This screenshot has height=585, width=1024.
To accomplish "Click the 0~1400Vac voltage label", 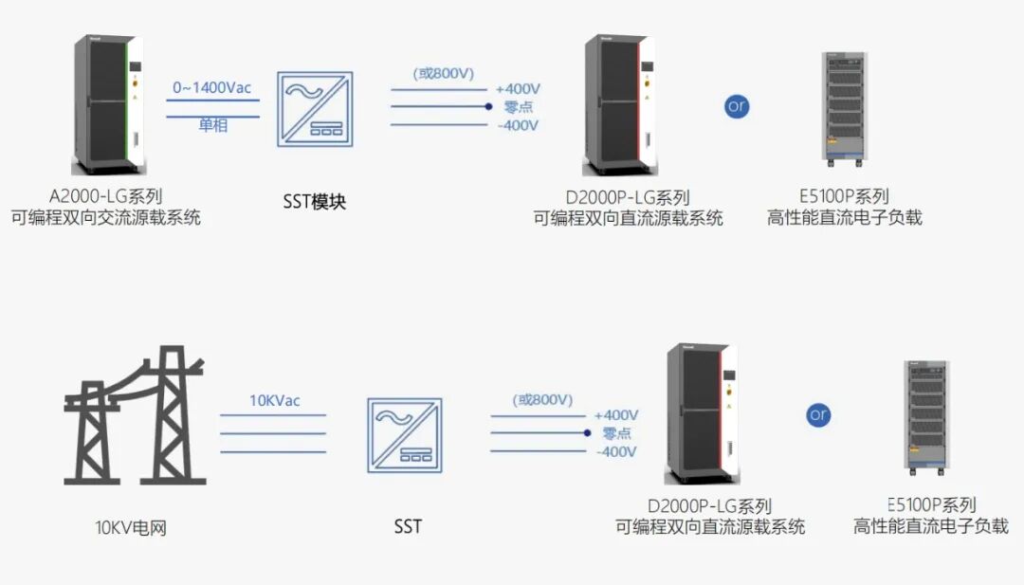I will point(212,88).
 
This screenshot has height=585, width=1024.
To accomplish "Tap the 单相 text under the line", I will point(213,125).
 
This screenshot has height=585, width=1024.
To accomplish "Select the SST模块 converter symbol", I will point(314,109).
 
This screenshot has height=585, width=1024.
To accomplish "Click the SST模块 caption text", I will point(315,202).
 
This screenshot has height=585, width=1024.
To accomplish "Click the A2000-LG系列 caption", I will point(104,197).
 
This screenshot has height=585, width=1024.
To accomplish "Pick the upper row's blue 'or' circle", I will point(737,106).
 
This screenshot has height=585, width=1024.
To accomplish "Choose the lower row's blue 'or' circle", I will point(819,415).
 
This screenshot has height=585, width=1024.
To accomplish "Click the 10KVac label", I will point(274,401).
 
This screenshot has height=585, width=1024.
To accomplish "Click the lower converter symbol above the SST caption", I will point(407,434).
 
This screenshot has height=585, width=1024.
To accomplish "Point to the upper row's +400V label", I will point(518,90).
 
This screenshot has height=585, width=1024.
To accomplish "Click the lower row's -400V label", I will point(616,452).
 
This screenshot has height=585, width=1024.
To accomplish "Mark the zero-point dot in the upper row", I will point(488,107).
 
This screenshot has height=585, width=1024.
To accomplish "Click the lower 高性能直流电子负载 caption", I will point(931,526).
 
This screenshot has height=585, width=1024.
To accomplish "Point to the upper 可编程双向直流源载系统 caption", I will point(629,218).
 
